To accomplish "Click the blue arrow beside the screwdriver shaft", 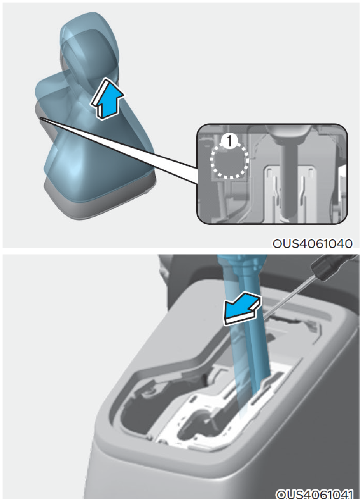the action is point(242,308).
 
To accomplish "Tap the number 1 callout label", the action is point(229,141).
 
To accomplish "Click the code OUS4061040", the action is point(312,243).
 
